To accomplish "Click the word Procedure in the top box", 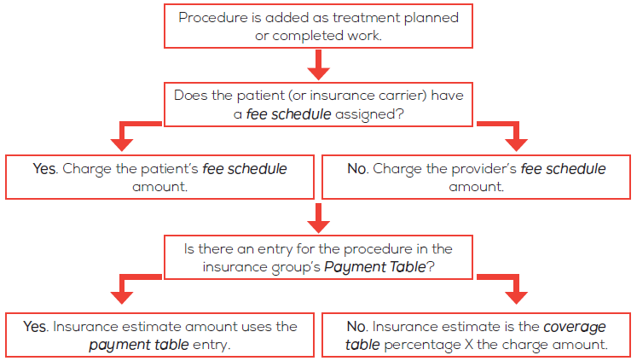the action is (x=213, y=19).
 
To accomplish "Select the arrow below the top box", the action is (x=319, y=65).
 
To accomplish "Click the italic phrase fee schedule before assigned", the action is (x=288, y=114).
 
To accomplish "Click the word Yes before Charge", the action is (x=46, y=169).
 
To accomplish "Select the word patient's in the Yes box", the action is (x=169, y=169).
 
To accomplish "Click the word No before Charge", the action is (x=358, y=169).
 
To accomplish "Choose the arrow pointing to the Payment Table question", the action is (x=319, y=218).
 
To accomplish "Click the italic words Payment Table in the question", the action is (x=375, y=267).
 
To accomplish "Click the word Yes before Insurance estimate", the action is (x=36, y=327).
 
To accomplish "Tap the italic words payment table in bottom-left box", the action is (x=139, y=345).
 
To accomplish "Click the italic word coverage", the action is (x=575, y=327).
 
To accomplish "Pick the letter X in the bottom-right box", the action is (x=469, y=345).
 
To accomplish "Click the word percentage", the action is (x=422, y=345).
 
